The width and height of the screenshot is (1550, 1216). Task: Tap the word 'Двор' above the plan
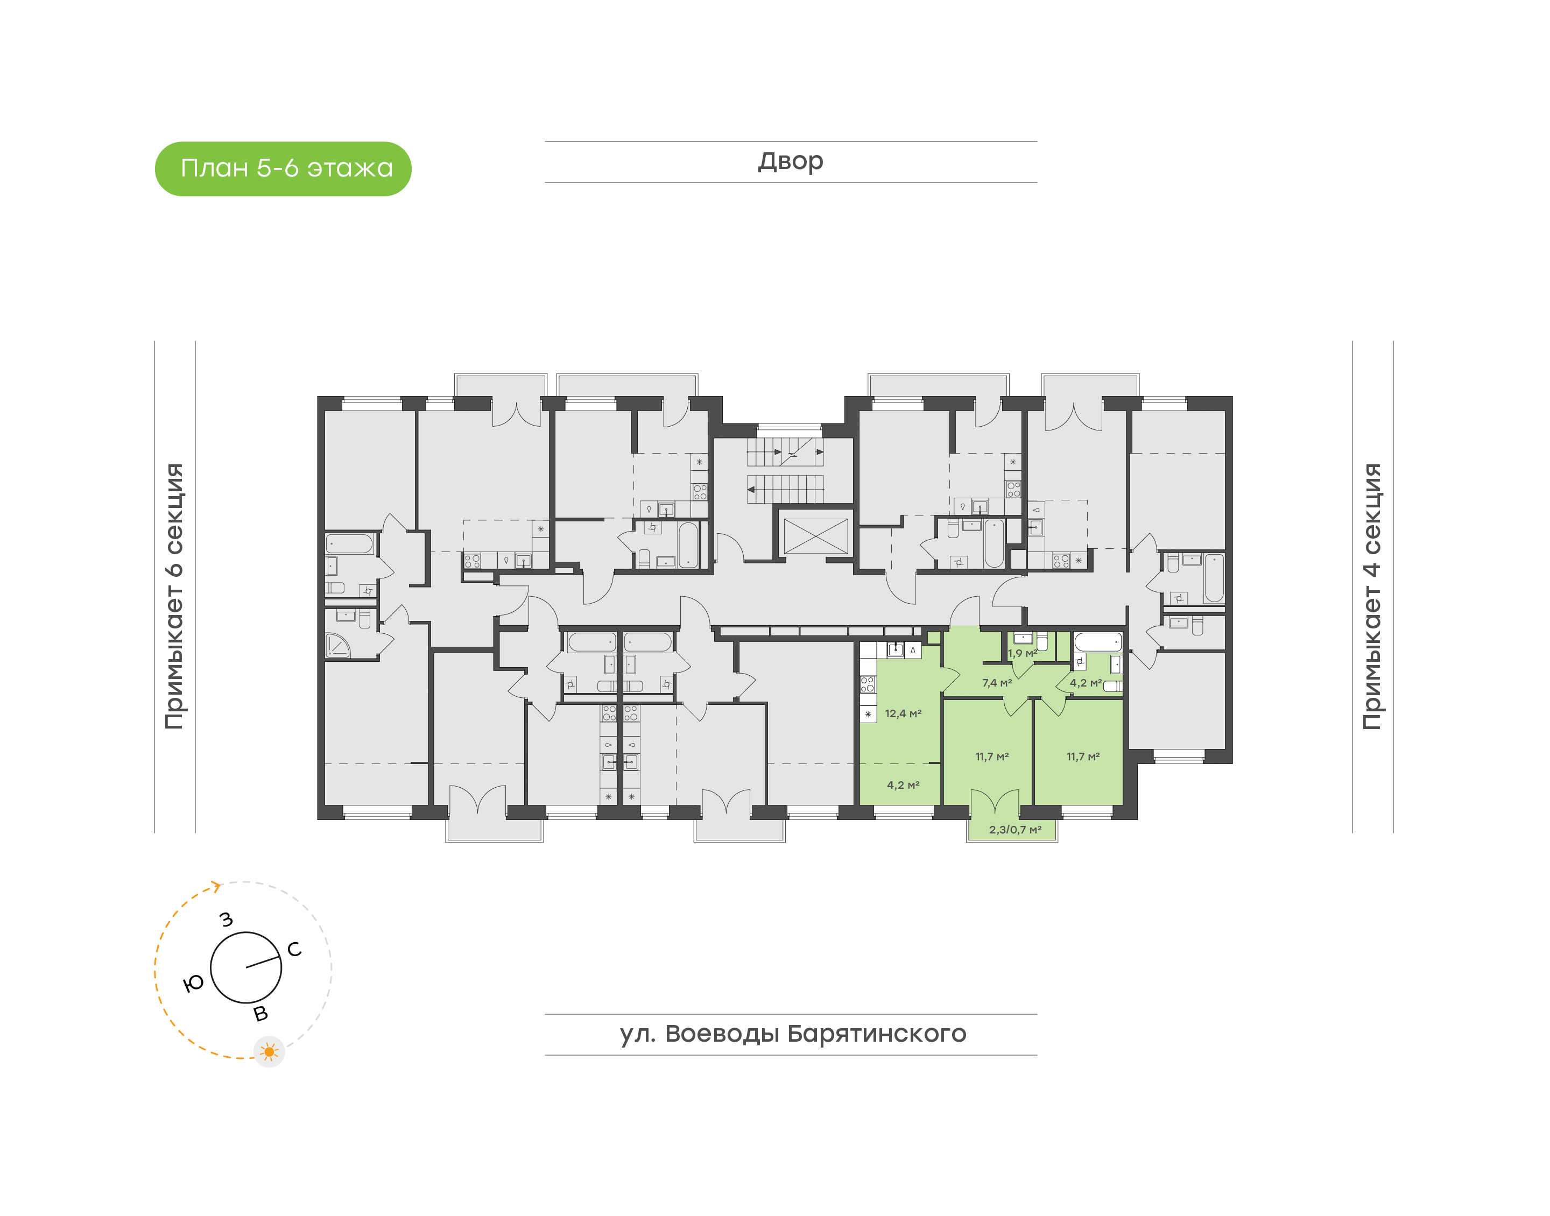point(790,161)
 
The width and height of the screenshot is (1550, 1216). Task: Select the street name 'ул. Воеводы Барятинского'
point(792,1034)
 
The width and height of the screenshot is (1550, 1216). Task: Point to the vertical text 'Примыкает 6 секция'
point(174,596)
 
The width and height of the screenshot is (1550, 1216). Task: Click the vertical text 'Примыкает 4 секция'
point(1371,596)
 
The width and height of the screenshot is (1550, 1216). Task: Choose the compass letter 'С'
point(294,949)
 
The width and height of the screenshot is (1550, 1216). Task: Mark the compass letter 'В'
point(260,1014)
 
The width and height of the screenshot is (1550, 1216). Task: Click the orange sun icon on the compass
point(269,1051)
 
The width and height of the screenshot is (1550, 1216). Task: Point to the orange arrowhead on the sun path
point(216,886)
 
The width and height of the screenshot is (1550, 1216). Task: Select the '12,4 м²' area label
point(903,713)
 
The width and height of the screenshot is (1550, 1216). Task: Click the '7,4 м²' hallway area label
point(997,683)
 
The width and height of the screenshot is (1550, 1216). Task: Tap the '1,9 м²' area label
point(1023,653)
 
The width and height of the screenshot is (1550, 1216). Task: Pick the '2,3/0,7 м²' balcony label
point(1014,830)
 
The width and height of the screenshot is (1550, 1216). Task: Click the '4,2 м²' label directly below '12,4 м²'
point(903,784)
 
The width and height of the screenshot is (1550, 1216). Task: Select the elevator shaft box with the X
point(815,536)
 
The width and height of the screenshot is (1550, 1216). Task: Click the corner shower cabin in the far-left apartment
point(337,645)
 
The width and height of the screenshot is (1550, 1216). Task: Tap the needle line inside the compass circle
point(263,962)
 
